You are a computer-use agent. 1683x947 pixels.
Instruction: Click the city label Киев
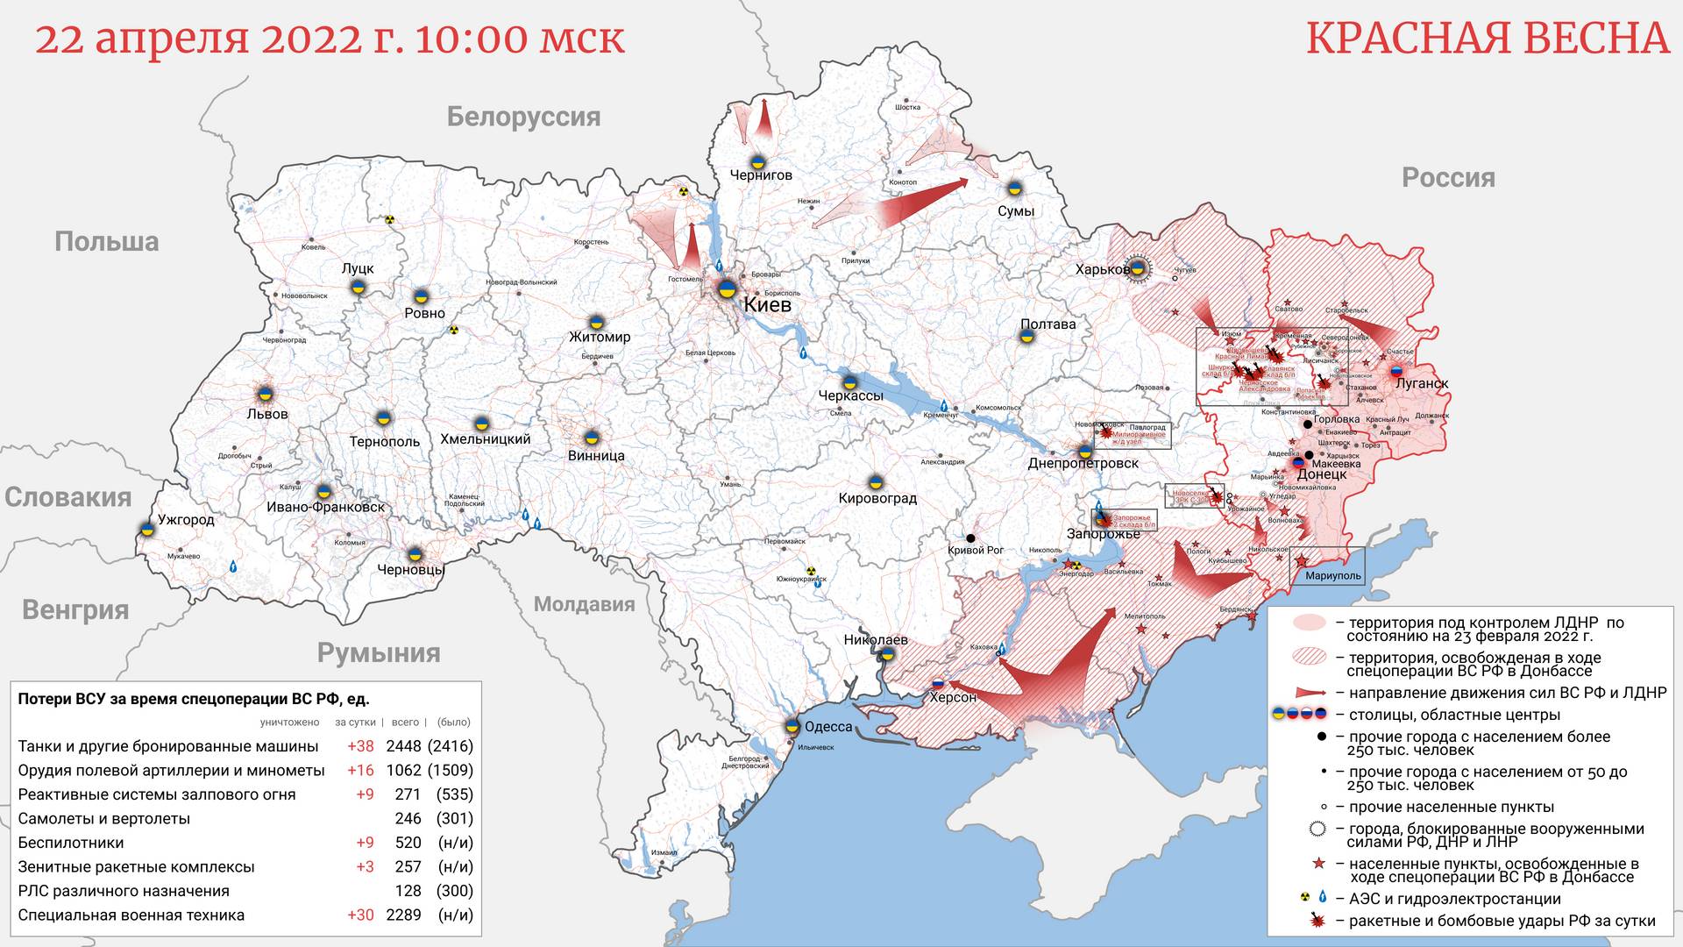click(767, 305)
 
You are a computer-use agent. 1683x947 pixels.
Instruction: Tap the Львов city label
click(267, 414)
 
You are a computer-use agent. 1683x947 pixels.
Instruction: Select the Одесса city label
click(828, 727)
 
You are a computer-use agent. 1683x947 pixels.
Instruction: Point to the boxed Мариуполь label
click(1332, 576)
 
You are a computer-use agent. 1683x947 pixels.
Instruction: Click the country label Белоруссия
click(523, 117)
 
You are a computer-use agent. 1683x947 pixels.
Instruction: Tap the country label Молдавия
click(584, 604)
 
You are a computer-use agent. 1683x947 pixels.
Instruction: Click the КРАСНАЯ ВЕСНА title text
click(1488, 39)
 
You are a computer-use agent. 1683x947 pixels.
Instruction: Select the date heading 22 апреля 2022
click(330, 39)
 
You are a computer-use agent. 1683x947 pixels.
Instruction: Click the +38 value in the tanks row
click(360, 746)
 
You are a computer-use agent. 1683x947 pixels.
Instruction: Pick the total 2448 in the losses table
click(403, 746)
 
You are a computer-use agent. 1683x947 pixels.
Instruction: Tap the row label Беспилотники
click(71, 843)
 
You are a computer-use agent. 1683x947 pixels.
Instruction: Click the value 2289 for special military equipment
click(403, 915)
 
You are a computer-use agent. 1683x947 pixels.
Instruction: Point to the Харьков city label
click(1102, 269)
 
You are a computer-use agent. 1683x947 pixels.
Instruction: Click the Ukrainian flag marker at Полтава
click(1026, 336)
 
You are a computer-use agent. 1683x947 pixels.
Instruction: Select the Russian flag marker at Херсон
click(937, 683)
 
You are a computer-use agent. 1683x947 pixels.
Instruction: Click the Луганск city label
click(1422, 384)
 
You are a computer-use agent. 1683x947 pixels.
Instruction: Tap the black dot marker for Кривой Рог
click(970, 538)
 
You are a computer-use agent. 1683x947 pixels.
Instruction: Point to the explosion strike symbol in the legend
click(1316, 921)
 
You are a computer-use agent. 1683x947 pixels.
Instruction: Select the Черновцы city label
click(411, 570)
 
